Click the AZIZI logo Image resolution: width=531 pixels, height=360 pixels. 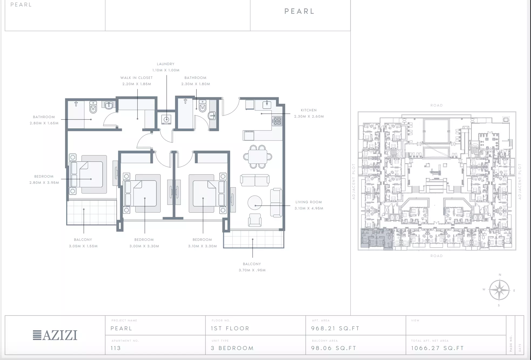pyautogui.click(x=55, y=335)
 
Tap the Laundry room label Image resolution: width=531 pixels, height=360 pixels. pyautogui.click(x=166, y=64)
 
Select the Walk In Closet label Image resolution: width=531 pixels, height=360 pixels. pyautogui.click(x=136, y=78)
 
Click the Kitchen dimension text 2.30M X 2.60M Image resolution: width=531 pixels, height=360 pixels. pyautogui.click(x=309, y=116)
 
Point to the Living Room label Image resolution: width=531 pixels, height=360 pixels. pyautogui.click(x=309, y=202)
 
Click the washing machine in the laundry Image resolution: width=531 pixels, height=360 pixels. pyautogui.click(x=166, y=119)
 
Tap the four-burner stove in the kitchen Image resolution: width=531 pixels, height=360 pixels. pyautogui.click(x=277, y=121)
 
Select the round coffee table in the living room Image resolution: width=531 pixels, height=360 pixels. pyautogui.click(x=255, y=203)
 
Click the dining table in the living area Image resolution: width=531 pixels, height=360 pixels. pyautogui.click(x=257, y=157)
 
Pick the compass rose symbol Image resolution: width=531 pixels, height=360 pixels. pyautogui.click(x=499, y=290)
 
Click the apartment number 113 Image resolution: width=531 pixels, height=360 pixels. pyautogui.click(x=116, y=348)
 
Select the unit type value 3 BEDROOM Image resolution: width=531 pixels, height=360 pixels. pyautogui.click(x=232, y=348)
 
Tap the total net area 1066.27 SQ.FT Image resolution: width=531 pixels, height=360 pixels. pyautogui.click(x=438, y=348)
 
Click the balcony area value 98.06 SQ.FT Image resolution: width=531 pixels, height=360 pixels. pyautogui.click(x=334, y=348)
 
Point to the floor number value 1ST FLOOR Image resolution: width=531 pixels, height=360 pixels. pyautogui.click(x=230, y=328)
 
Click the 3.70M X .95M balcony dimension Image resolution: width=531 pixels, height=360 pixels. pyautogui.click(x=252, y=270)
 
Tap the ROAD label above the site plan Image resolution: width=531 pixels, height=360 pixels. pyautogui.click(x=437, y=105)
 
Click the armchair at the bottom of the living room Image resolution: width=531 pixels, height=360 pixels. pyautogui.click(x=255, y=220)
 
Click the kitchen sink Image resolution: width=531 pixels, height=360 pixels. pyautogui.click(x=267, y=104)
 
